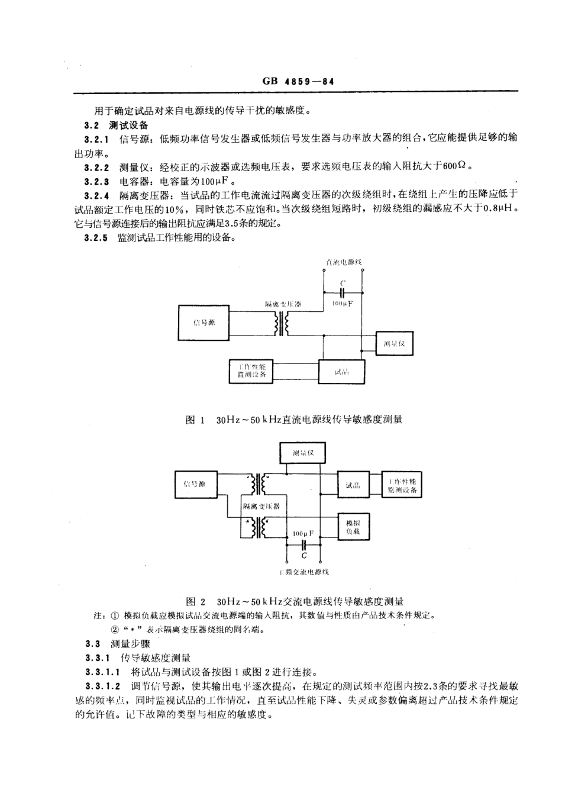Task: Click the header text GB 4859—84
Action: coord(298,82)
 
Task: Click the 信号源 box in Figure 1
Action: coord(204,323)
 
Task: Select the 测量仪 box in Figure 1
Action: coord(394,344)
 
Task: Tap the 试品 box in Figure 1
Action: coord(341,372)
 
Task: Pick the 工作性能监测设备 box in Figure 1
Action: coord(251,371)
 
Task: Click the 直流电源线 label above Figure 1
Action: coord(343,262)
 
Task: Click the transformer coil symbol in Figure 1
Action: coord(282,323)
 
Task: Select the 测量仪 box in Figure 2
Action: coord(302,453)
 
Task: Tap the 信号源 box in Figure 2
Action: coord(194,485)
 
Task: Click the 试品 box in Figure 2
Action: coord(353,485)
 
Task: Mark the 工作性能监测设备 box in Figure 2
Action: coord(402,485)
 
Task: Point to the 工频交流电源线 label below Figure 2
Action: coord(303,572)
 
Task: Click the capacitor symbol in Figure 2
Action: coord(303,544)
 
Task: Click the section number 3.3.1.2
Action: coord(103,687)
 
